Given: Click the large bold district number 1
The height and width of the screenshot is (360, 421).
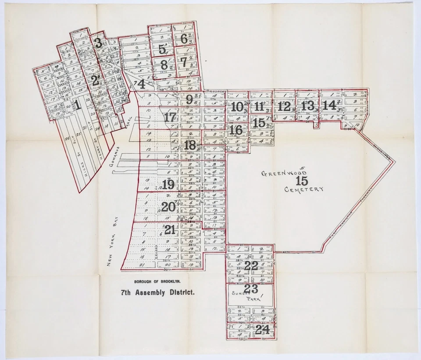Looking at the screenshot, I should pyautogui.click(x=77, y=105).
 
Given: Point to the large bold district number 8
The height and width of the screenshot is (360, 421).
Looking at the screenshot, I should pyautogui.click(x=164, y=64).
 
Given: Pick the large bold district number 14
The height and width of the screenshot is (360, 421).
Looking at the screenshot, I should pyautogui.click(x=329, y=105).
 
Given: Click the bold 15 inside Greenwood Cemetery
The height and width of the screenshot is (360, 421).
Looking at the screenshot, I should pyautogui.click(x=302, y=181).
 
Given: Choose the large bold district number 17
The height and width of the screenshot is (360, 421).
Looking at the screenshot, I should pyautogui.click(x=170, y=118).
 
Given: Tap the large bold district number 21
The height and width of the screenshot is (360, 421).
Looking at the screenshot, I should pyautogui.click(x=170, y=229).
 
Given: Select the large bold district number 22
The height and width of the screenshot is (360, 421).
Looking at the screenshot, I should pyautogui.click(x=251, y=265).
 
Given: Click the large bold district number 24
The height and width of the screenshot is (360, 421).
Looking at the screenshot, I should pyautogui.click(x=262, y=330).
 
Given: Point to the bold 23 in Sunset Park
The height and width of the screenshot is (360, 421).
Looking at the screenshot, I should pyautogui.click(x=251, y=289).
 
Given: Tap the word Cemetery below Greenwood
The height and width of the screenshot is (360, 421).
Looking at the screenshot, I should pyautogui.click(x=304, y=189).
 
